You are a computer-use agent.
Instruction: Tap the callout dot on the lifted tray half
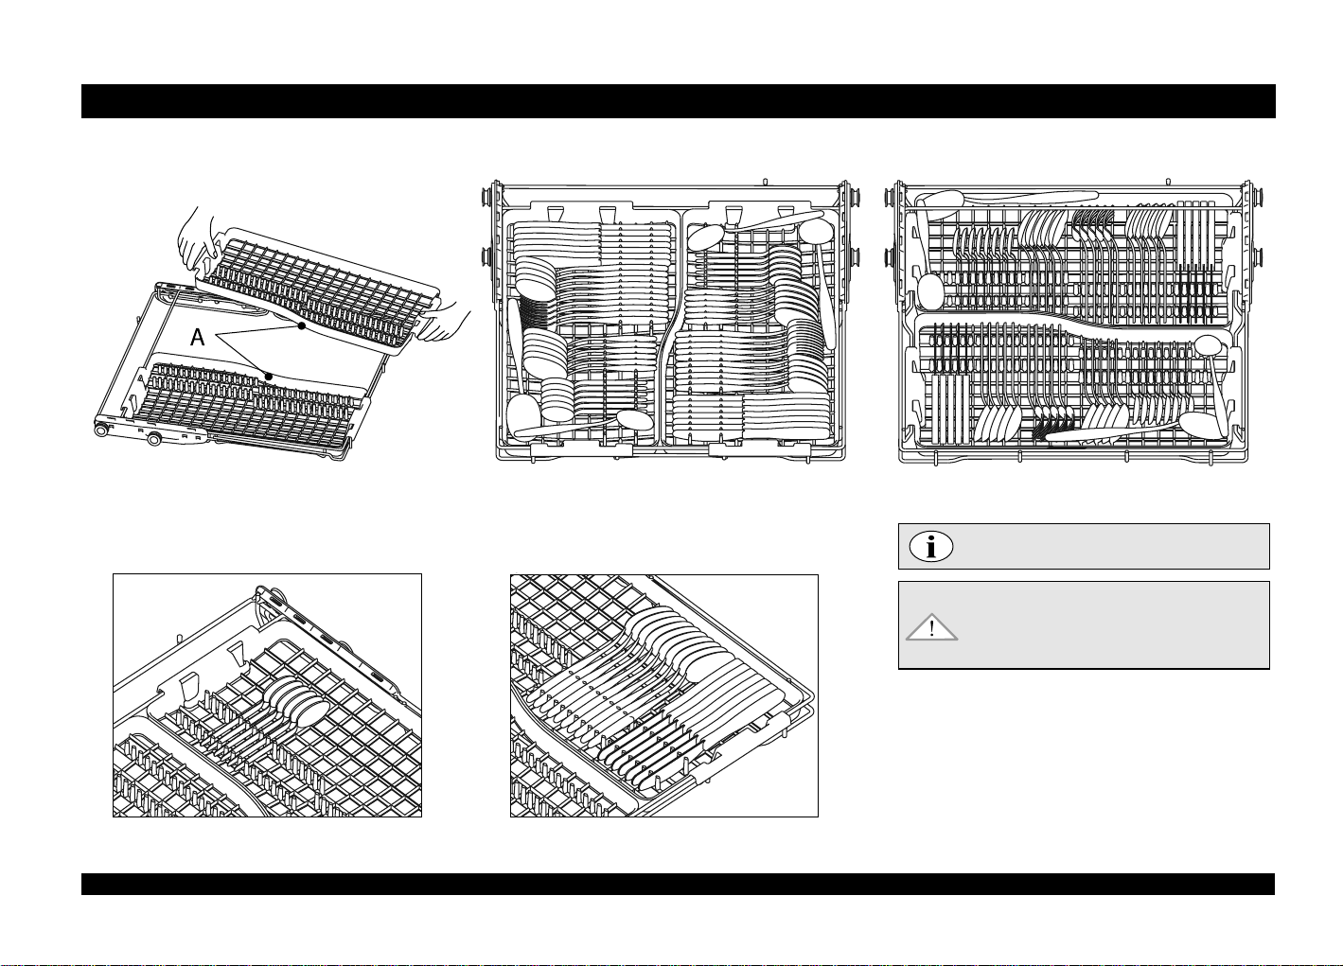pos(301,326)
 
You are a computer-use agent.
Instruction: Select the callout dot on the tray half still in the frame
pos(269,376)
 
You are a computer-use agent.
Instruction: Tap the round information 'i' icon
pos(931,547)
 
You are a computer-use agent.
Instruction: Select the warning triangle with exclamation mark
pos(932,628)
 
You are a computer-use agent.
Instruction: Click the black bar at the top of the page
pos(678,101)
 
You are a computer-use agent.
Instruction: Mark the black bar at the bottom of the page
pos(678,884)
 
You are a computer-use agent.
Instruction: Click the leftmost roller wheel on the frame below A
pos(100,430)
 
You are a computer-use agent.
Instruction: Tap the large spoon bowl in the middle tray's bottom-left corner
pos(523,413)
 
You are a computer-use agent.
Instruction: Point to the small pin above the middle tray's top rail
pos(765,179)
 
